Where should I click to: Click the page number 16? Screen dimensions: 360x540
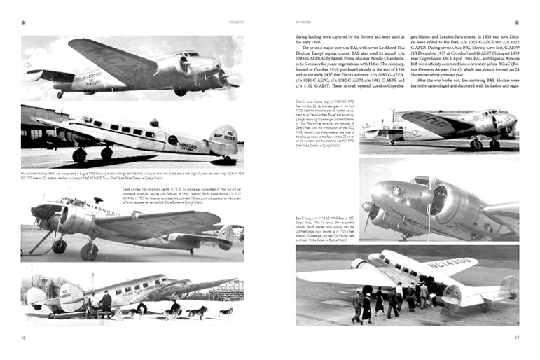(x=24, y=338)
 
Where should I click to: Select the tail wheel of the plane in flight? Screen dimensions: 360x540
(x=60, y=93)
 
